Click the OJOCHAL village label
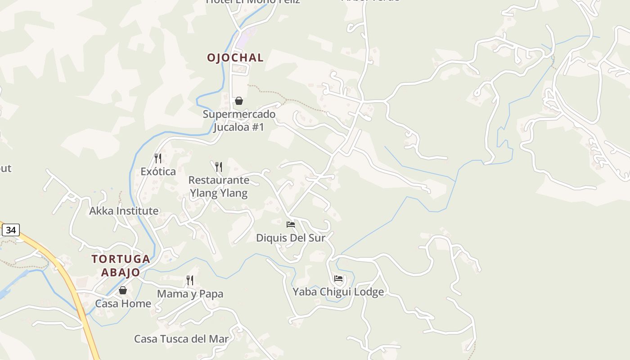(x=235, y=58)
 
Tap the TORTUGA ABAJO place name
(x=121, y=265)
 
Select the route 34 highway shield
(x=11, y=230)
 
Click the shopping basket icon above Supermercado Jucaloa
(x=239, y=101)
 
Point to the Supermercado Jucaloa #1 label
(x=239, y=121)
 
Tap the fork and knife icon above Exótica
(x=158, y=158)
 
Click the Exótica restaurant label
(x=158, y=171)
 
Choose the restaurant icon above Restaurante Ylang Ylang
(x=219, y=167)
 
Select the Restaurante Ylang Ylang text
(x=219, y=186)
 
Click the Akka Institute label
(x=124, y=211)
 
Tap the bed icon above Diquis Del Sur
(x=291, y=224)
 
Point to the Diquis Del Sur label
(x=290, y=238)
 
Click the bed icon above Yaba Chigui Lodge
(x=338, y=279)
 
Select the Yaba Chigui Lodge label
(x=338, y=292)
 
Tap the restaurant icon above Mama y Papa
(x=190, y=280)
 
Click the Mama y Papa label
(x=190, y=294)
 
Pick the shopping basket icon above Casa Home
(x=123, y=290)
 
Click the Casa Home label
(x=123, y=304)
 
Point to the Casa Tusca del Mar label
(x=181, y=339)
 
